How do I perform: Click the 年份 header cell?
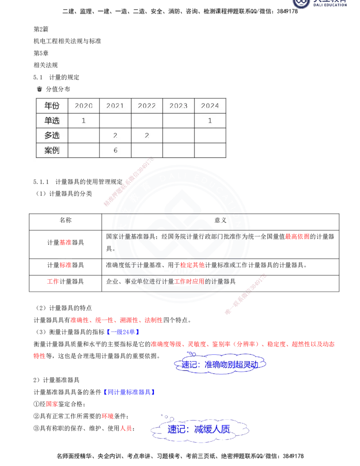click(x=52, y=106)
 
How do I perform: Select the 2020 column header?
click(x=84, y=106)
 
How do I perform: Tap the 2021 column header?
click(x=115, y=106)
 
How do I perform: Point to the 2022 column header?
click(x=147, y=106)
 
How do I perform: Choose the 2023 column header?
click(x=178, y=106)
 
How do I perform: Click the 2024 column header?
click(x=210, y=106)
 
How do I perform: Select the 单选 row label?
click(x=52, y=121)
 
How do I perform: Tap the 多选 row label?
click(x=52, y=136)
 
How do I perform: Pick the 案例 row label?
click(x=52, y=150)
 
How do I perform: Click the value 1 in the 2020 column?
click(x=84, y=121)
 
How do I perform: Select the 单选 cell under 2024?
click(x=210, y=121)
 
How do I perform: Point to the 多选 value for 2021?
click(x=115, y=136)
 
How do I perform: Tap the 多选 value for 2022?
click(x=147, y=136)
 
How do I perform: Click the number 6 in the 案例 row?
click(x=115, y=150)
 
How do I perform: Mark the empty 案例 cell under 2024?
click(x=210, y=150)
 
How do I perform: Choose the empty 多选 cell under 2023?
click(x=178, y=136)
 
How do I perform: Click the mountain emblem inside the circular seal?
click(x=180, y=234)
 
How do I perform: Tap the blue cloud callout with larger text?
click(x=200, y=430)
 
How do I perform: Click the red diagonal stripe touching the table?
click(x=128, y=182)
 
